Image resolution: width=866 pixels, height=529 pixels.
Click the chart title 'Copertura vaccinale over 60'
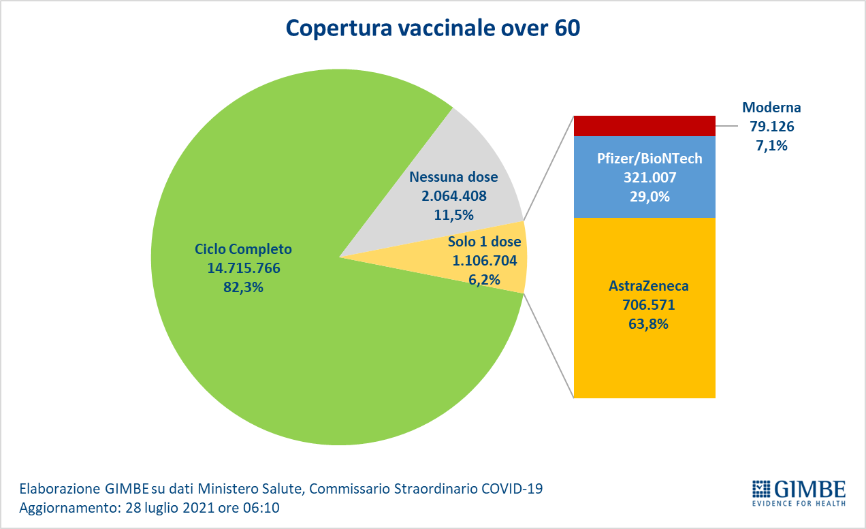click(432, 28)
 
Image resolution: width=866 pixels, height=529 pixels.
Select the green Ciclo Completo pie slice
click(272, 354)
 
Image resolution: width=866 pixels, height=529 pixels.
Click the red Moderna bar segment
click(644, 126)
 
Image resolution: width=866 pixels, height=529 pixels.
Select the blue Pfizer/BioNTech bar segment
click(644, 204)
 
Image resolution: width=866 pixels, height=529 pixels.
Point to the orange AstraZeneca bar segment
click(644, 361)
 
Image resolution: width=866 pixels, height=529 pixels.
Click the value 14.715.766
click(244, 268)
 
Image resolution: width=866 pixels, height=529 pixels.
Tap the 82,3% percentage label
click(244, 287)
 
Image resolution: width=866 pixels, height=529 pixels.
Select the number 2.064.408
click(453, 196)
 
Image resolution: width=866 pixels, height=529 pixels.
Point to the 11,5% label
click(453, 215)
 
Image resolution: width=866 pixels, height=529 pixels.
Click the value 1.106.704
click(485, 260)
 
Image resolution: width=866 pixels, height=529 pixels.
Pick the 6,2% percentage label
click(485, 279)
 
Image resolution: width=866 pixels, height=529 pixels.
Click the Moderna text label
click(771, 108)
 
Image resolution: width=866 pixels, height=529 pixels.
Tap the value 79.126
click(771, 126)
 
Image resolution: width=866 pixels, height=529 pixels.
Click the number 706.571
click(647, 306)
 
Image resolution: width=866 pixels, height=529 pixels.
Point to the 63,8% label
click(647, 324)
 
